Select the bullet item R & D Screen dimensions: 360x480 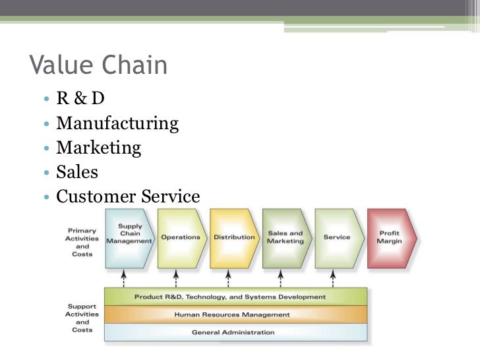click(80, 99)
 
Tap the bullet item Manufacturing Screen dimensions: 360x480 click(117, 123)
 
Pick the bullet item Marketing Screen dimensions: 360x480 click(99, 148)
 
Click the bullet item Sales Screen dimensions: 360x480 click(77, 172)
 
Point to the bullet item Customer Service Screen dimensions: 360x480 click(128, 196)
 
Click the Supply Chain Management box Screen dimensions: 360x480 click(129, 237)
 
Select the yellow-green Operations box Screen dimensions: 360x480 click(181, 237)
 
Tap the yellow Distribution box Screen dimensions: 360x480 click(233, 237)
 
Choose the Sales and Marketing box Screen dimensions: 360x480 click(285, 237)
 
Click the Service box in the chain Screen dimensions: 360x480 click(337, 237)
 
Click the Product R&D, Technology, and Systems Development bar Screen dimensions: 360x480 click(230, 297)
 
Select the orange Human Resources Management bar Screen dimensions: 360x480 click(231, 315)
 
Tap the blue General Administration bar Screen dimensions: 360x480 click(233, 332)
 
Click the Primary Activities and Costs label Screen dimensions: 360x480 click(82, 243)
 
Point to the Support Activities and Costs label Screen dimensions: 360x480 click(82, 318)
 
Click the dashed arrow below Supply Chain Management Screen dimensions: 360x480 click(123, 278)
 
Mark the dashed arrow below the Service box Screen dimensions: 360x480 click(333, 278)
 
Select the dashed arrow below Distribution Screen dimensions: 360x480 click(228, 278)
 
